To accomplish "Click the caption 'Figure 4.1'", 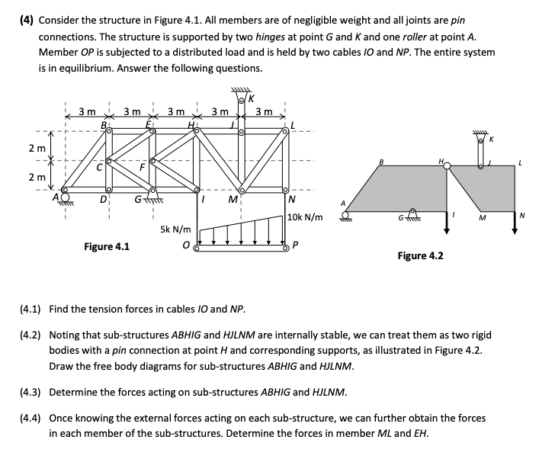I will (106, 246).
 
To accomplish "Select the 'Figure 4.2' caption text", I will (420, 256).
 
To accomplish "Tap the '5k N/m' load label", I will (175, 228).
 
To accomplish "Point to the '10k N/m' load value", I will (306, 217).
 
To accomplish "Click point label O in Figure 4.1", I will (186, 246).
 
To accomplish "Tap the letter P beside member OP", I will (296, 246).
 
